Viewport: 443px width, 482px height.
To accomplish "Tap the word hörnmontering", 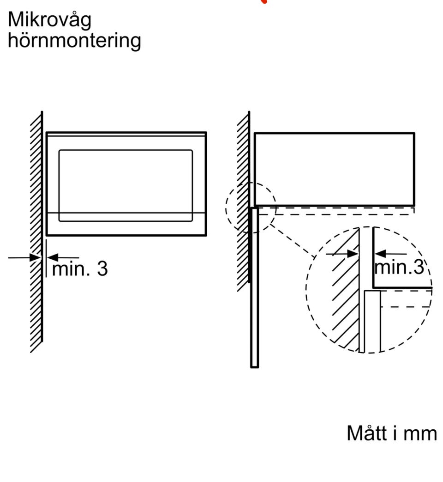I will [x=74, y=40].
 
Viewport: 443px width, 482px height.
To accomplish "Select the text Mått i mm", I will [x=391, y=433].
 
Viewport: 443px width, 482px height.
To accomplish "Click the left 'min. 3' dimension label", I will [x=80, y=268].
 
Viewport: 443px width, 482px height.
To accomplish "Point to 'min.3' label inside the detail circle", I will [x=399, y=267].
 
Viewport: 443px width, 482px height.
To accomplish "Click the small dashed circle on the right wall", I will [x=251, y=207].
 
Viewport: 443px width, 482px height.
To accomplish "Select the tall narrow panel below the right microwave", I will [x=254, y=287].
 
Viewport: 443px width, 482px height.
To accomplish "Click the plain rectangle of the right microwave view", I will [x=334, y=169].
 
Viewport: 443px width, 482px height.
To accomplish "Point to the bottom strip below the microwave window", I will [x=126, y=225].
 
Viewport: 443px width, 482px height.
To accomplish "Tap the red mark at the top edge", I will [x=264, y=1].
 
